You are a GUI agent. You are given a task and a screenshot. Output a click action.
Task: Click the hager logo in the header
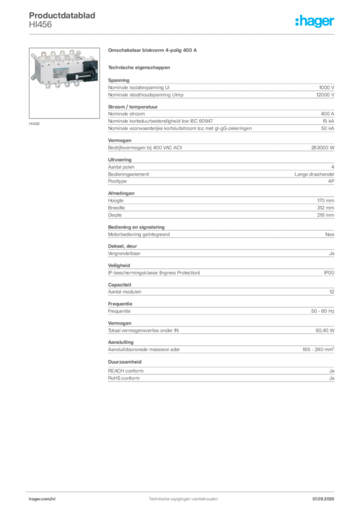[314, 21]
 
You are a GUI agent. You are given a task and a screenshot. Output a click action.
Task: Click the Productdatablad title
[62, 15]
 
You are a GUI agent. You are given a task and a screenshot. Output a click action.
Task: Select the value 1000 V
[327, 87]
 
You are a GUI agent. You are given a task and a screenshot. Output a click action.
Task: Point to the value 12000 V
[325, 95]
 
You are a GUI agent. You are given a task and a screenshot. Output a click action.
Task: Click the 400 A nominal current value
[327, 114]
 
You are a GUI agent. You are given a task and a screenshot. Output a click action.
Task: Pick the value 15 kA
[328, 121]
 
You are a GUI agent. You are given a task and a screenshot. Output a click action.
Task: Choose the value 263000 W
[323, 148]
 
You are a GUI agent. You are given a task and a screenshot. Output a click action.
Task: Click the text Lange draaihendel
[314, 174]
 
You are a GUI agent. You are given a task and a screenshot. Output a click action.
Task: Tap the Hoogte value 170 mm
[326, 201]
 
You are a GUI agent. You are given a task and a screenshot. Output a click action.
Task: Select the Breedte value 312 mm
[326, 208]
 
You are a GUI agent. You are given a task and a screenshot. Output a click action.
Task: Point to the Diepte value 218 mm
[326, 215]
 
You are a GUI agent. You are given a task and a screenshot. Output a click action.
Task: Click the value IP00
[329, 273]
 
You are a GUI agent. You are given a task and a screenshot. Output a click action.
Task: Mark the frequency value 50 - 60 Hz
[323, 311]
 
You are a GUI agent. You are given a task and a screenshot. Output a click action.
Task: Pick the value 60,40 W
[325, 331]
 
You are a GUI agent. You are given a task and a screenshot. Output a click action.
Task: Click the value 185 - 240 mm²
[318, 349]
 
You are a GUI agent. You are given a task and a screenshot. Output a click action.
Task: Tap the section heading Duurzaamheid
[125, 362]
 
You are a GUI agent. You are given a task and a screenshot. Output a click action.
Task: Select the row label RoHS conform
[124, 378]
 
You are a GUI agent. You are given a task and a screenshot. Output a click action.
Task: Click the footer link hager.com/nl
[42, 499]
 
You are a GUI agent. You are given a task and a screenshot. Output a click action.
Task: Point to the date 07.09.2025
[323, 499]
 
